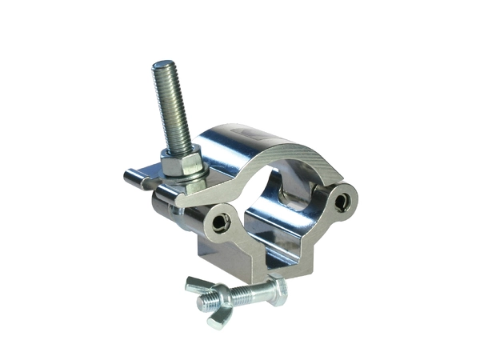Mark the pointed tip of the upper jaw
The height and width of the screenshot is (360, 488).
click(x=178, y=200)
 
